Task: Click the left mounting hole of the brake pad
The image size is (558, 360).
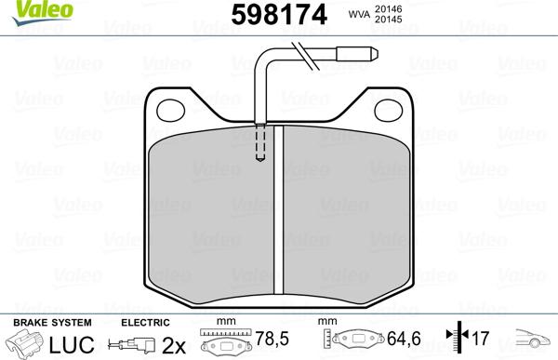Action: click(x=172, y=111)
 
